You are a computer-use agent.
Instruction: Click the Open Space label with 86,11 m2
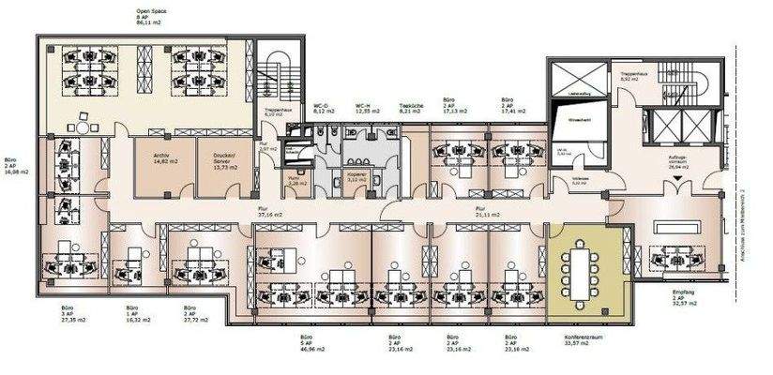pyautogui.click(x=151, y=19)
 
